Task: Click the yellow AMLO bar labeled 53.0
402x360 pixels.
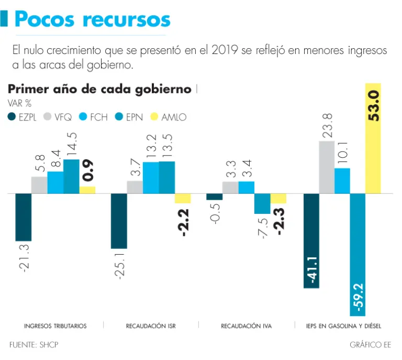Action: pyautogui.click(x=373, y=138)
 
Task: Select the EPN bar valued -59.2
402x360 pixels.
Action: pyautogui.click(x=358, y=254)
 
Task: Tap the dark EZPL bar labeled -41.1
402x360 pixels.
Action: pyautogui.click(x=311, y=241)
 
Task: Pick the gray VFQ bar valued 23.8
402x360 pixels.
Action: pyautogui.click(x=326, y=167)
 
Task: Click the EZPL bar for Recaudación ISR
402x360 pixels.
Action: pyautogui.click(x=119, y=221)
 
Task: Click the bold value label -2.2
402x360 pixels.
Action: pyautogui.click(x=183, y=221)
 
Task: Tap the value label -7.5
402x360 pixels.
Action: pyautogui.click(x=263, y=228)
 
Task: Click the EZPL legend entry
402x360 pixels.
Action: pyautogui.click(x=22, y=117)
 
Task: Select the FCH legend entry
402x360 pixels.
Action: pyautogui.click(x=93, y=117)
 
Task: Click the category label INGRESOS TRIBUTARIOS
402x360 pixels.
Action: pyautogui.click(x=55, y=326)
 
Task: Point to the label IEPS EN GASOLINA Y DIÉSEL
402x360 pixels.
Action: pyautogui.click(x=343, y=326)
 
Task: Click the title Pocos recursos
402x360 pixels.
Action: pyautogui.click(x=92, y=19)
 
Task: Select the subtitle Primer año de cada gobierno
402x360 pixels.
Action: pyautogui.click(x=99, y=89)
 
